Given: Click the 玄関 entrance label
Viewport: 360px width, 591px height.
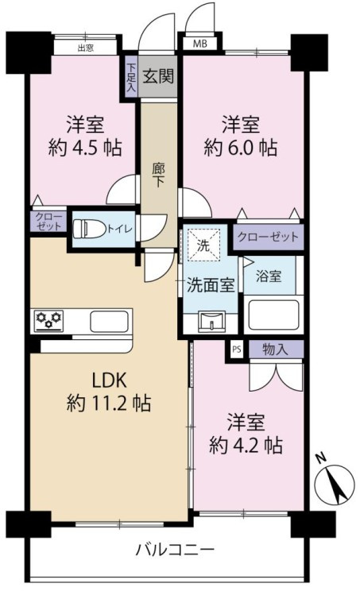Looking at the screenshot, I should [x=160, y=76].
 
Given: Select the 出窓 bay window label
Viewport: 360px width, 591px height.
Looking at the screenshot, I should [x=85, y=47].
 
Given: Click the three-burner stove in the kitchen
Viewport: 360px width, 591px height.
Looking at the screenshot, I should [x=48, y=322].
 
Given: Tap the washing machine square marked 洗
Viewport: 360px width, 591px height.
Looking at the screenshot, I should [x=203, y=246].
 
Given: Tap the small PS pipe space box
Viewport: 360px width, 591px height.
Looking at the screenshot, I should [x=236, y=348].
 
